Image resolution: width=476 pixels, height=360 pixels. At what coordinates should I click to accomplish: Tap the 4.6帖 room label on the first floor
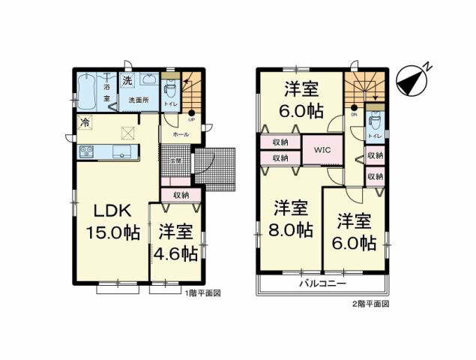click(x=175, y=242)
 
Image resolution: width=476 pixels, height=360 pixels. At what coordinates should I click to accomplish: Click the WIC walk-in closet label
click(x=323, y=148)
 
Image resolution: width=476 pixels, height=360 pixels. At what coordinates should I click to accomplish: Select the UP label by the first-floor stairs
click(x=191, y=119)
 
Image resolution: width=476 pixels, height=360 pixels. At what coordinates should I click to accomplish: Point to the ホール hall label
click(x=181, y=133)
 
